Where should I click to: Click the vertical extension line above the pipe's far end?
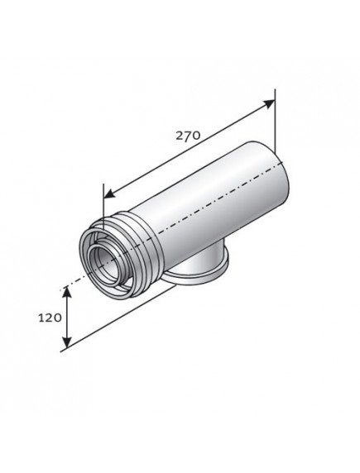274,124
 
